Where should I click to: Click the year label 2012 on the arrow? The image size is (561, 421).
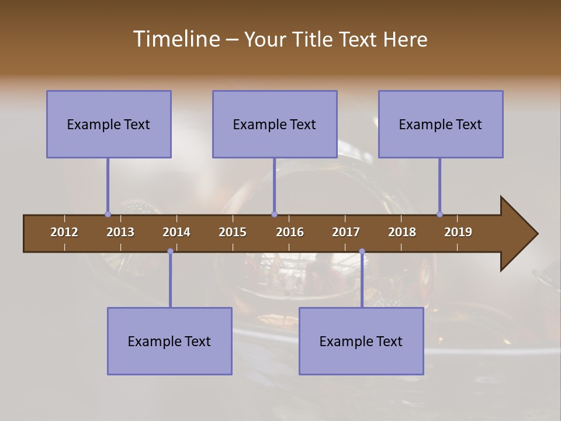[64, 232]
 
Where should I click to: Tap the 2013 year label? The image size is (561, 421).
[120, 232]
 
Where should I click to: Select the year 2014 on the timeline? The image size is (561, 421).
[176, 232]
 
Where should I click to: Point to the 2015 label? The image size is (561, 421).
[233, 232]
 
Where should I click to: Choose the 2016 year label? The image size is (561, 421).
[290, 232]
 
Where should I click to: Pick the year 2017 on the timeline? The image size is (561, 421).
[346, 232]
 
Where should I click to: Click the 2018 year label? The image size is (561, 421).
[402, 232]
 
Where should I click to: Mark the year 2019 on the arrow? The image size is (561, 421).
[458, 232]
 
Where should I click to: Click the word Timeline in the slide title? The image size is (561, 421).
[176, 39]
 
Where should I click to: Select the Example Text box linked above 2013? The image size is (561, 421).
[109, 124]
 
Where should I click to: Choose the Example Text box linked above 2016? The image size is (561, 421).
[275, 124]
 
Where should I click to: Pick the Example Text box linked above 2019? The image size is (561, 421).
[441, 124]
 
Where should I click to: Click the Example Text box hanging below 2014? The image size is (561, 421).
[169, 341]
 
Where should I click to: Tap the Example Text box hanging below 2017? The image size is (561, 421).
[361, 341]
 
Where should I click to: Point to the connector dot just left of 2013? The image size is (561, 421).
[108, 214]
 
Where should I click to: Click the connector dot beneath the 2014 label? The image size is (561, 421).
[170, 251]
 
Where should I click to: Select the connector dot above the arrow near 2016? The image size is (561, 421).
[274, 214]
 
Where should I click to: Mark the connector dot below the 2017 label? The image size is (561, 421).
[362, 251]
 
